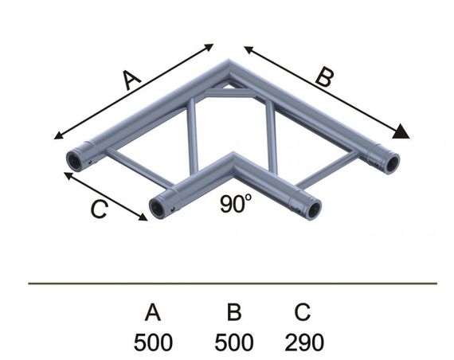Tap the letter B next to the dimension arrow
click(322, 78)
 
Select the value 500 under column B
click(234, 342)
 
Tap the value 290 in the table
click(304, 342)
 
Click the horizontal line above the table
click(233, 283)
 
